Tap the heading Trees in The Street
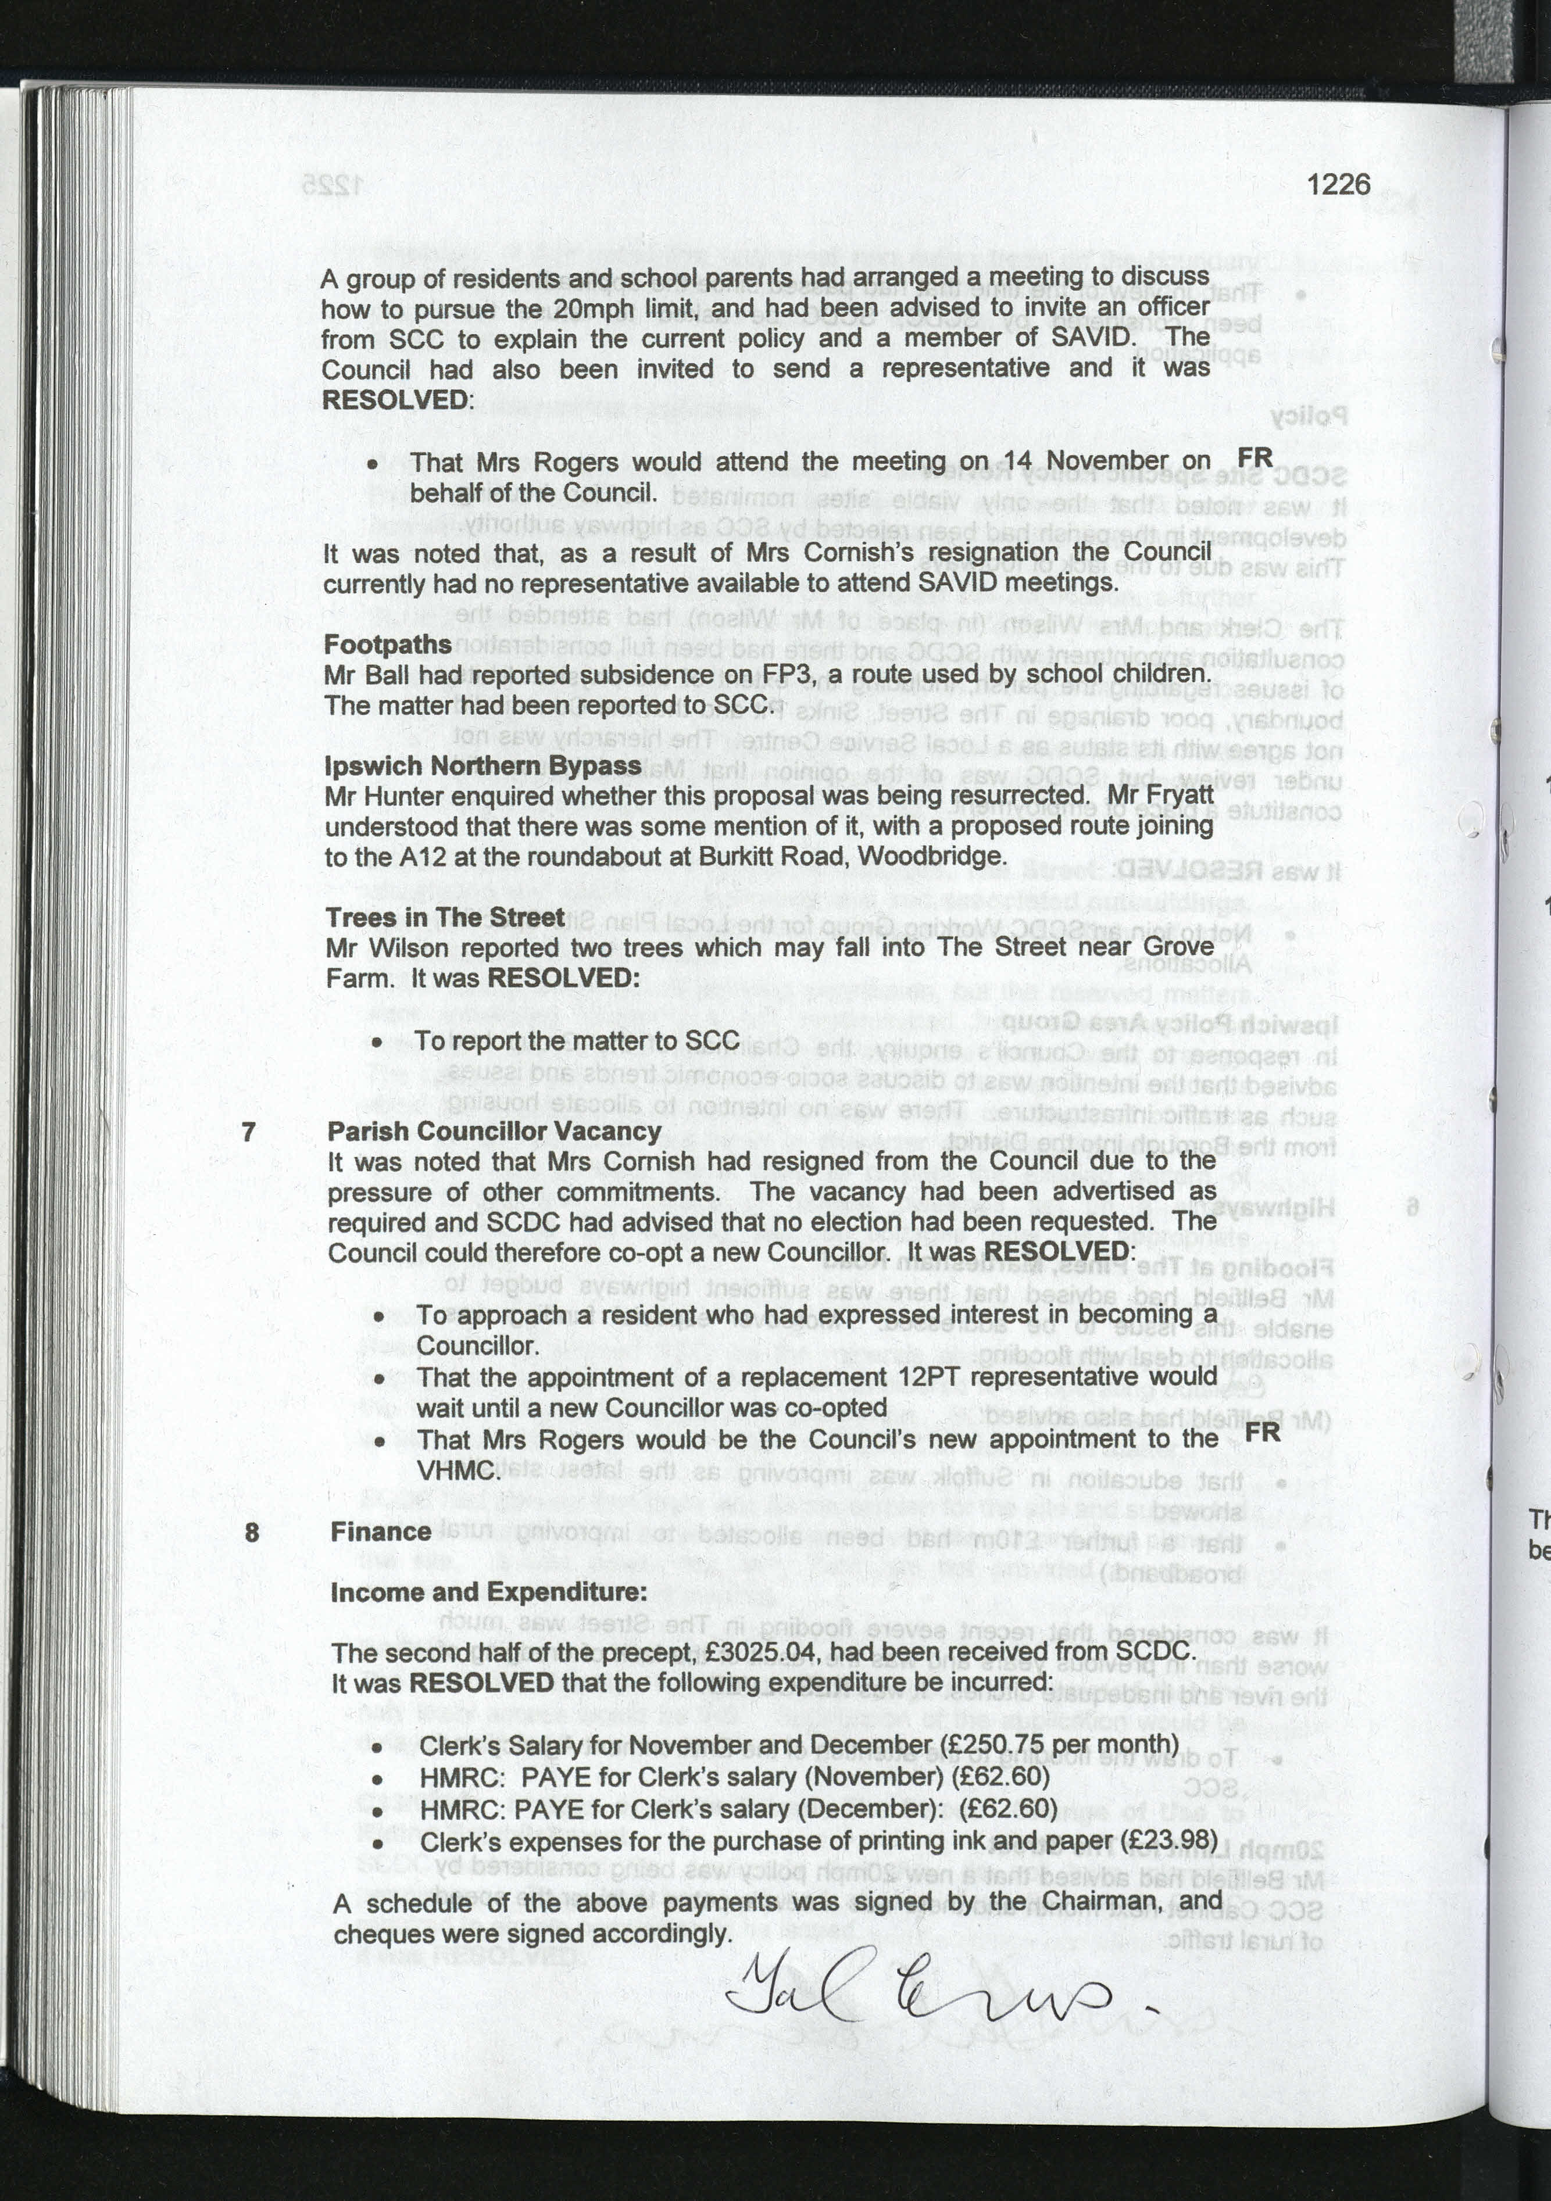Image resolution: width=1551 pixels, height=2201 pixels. click(x=445, y=917)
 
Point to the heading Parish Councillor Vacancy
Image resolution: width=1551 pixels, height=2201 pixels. click(x=494, y=1131)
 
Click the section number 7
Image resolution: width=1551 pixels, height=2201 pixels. click(x=249, y=1132)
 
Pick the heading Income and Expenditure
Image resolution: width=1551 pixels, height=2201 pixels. click(x=488, y=1592)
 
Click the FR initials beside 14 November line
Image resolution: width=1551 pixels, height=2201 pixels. click(x=1255, y=457)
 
